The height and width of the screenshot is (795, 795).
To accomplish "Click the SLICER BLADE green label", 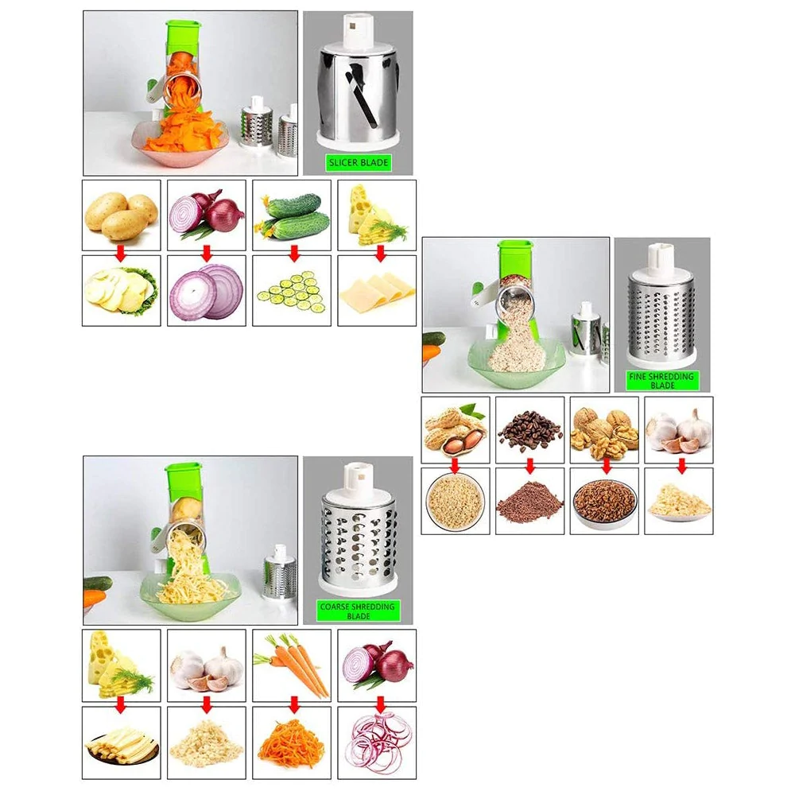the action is (x=358, y=163).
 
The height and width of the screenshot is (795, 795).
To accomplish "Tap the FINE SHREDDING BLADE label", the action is (x=661, y=381).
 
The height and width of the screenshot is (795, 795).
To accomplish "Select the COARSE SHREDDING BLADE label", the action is (x=358, y=611).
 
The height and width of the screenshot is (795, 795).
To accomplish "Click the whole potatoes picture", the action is (x=122, y=215).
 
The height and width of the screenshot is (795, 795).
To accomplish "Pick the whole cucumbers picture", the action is (x=292, y=216).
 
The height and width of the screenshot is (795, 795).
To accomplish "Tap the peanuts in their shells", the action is (x=456, y=429).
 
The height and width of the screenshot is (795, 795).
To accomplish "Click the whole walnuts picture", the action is (x=604, y=432).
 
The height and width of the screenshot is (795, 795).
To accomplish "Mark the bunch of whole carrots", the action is (x=292, y=665).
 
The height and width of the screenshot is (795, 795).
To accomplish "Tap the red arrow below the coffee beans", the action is (x=529, y=465).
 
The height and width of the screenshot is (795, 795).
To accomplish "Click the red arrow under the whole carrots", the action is (x=293, y=704).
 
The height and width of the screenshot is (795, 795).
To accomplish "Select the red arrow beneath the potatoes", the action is (x=120, y=254).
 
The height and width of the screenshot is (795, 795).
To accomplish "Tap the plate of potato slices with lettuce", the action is (x=122, y=292).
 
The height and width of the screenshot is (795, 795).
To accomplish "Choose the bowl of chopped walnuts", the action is (x=604, y=502).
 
